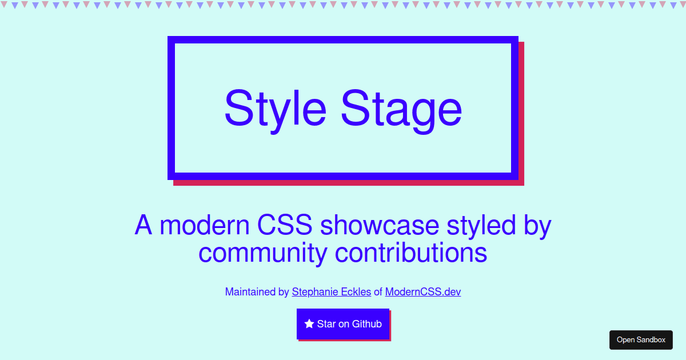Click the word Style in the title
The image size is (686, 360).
[x=275, y=109]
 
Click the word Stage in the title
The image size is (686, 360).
[x=401, y=109]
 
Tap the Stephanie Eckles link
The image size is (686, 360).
[x=331, y=292]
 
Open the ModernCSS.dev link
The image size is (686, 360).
[x=422, y=292]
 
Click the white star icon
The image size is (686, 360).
[x=309, y=324]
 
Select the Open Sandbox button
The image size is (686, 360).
[x=641, y=339]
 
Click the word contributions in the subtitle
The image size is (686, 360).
[x=411, y=253]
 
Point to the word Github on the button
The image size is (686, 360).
[x=366, y=324]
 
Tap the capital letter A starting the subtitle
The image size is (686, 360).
[x=143, y=225]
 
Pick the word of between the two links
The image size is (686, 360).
[x=378, y=292]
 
